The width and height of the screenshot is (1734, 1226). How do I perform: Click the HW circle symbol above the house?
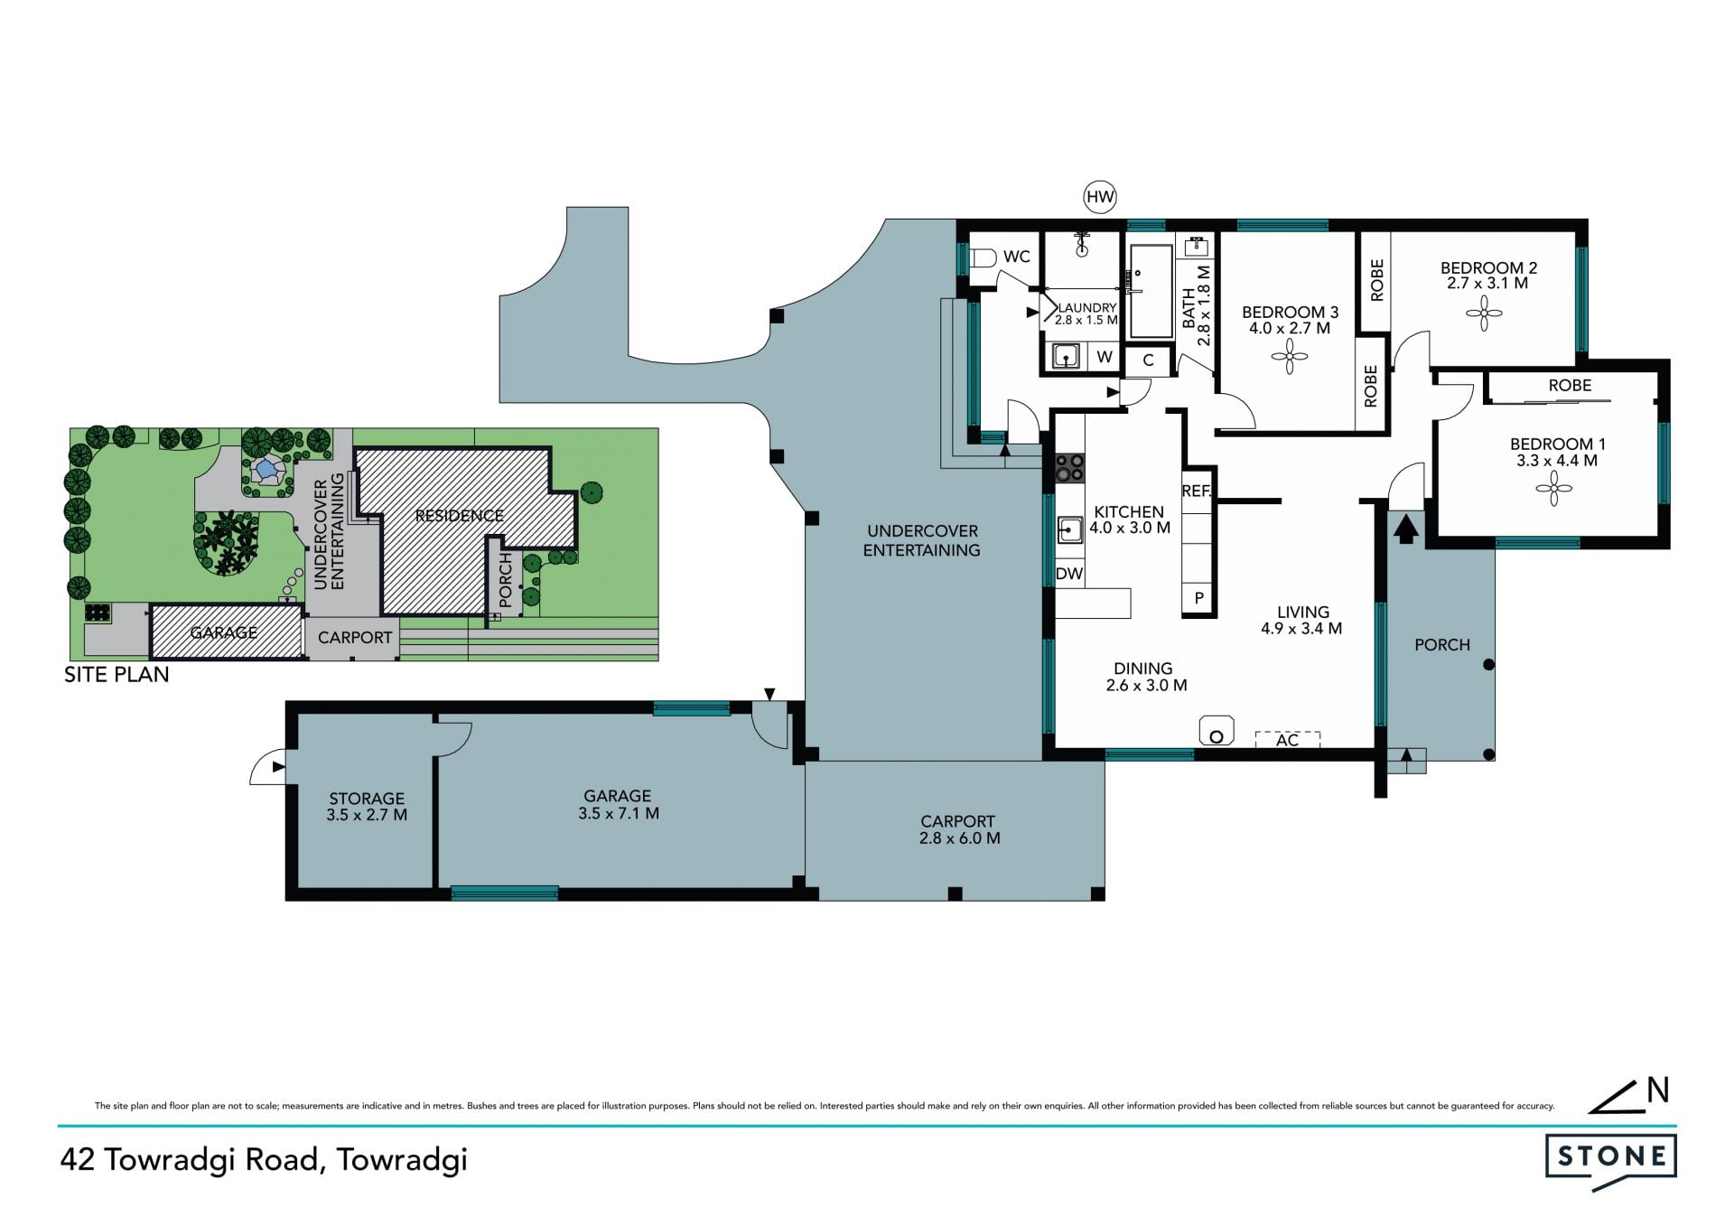(1100, 197)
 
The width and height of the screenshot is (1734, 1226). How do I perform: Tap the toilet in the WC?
(984, 258)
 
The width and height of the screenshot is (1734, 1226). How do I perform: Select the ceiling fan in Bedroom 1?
(1553, 492)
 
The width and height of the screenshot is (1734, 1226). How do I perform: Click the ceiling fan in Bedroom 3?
(1289, 357)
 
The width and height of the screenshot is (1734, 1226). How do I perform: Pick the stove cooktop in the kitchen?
(1070, 466)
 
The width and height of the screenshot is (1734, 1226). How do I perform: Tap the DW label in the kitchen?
(1068, 573)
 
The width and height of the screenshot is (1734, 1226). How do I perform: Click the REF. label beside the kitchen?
(1196, 491)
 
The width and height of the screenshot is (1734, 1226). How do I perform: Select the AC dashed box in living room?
(1287, 739)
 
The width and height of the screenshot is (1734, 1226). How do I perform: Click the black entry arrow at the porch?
(1405, 529)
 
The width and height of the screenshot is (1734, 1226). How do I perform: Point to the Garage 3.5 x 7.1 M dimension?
(619, 813)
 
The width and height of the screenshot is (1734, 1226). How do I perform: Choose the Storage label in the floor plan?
(367, 799)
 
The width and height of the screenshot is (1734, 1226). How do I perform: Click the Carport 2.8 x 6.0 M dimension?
(959, 838)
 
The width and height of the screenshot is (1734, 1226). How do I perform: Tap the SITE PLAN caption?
(117, 674)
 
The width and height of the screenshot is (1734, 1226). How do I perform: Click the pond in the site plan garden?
(265, 469)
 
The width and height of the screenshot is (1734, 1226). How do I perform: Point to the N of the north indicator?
(1657, 1090)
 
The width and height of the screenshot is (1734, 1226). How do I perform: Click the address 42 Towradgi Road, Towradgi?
(264, 1159)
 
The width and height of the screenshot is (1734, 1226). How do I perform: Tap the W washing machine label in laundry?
(1104, 357)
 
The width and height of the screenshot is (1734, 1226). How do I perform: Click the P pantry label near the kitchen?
(1199, 597)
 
